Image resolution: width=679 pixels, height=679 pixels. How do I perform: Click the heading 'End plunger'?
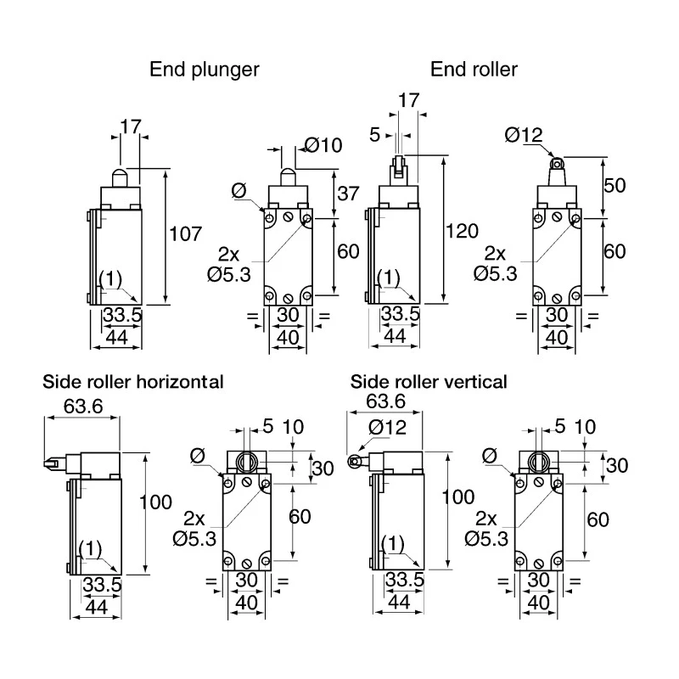coord(204,70)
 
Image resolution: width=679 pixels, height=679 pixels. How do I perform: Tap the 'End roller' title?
coord(474,70)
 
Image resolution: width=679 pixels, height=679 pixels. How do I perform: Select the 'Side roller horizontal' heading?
coord(133,382)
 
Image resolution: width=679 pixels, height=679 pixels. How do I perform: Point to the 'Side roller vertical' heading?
coord(429,382)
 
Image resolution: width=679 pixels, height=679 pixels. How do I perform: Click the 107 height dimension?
coord(186,234)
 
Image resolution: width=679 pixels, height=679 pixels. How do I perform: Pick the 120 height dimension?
coord(462,231)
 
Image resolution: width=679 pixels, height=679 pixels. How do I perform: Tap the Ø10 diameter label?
coord(323,145)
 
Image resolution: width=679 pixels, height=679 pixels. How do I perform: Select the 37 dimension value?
coord(348,194)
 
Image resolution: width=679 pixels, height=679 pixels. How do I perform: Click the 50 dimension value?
coord(614,185)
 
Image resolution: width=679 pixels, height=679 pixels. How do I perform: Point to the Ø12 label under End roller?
coord(524,135)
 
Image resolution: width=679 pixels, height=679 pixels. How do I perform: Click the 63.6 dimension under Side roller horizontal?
coord(83,407)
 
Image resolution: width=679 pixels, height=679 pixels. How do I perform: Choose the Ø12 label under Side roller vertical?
coord(388,428)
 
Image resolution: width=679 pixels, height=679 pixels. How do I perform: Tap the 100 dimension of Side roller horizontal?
coord(155,502)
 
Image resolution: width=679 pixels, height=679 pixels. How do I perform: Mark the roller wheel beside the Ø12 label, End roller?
coord(557,164)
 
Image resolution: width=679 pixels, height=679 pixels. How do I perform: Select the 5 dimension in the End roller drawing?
coord(375,135)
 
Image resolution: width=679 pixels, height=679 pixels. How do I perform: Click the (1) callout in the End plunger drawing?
coord(111,279)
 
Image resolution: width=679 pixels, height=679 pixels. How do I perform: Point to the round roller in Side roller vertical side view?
coord(354,462)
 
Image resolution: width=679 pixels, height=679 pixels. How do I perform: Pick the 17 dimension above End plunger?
coord(131,126)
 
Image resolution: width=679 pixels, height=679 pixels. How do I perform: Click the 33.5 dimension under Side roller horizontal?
coord(102,585)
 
